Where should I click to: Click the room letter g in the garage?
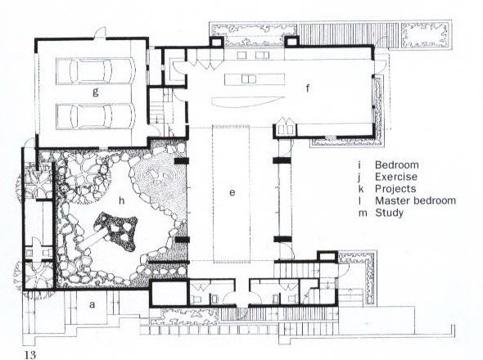(96, 92)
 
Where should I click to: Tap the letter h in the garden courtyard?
(122, 200)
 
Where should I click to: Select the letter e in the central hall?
(232, 193)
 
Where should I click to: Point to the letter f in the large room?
(308, 88)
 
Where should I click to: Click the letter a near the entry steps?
(92, 304)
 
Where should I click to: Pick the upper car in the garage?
(96, 70)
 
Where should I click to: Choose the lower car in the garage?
(96, 116)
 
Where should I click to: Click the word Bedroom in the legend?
(397, 164)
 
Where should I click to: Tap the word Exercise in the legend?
(396, 177)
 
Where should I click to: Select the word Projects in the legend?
(395, 189)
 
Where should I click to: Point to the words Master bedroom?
(416, 200)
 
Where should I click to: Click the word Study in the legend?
(390, 213)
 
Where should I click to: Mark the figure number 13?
(30, 355)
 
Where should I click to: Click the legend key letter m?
(363, 213)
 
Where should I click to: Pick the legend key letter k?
(361, 189)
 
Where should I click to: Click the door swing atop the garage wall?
(100, 32)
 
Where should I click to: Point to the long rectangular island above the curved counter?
(255, 79)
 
